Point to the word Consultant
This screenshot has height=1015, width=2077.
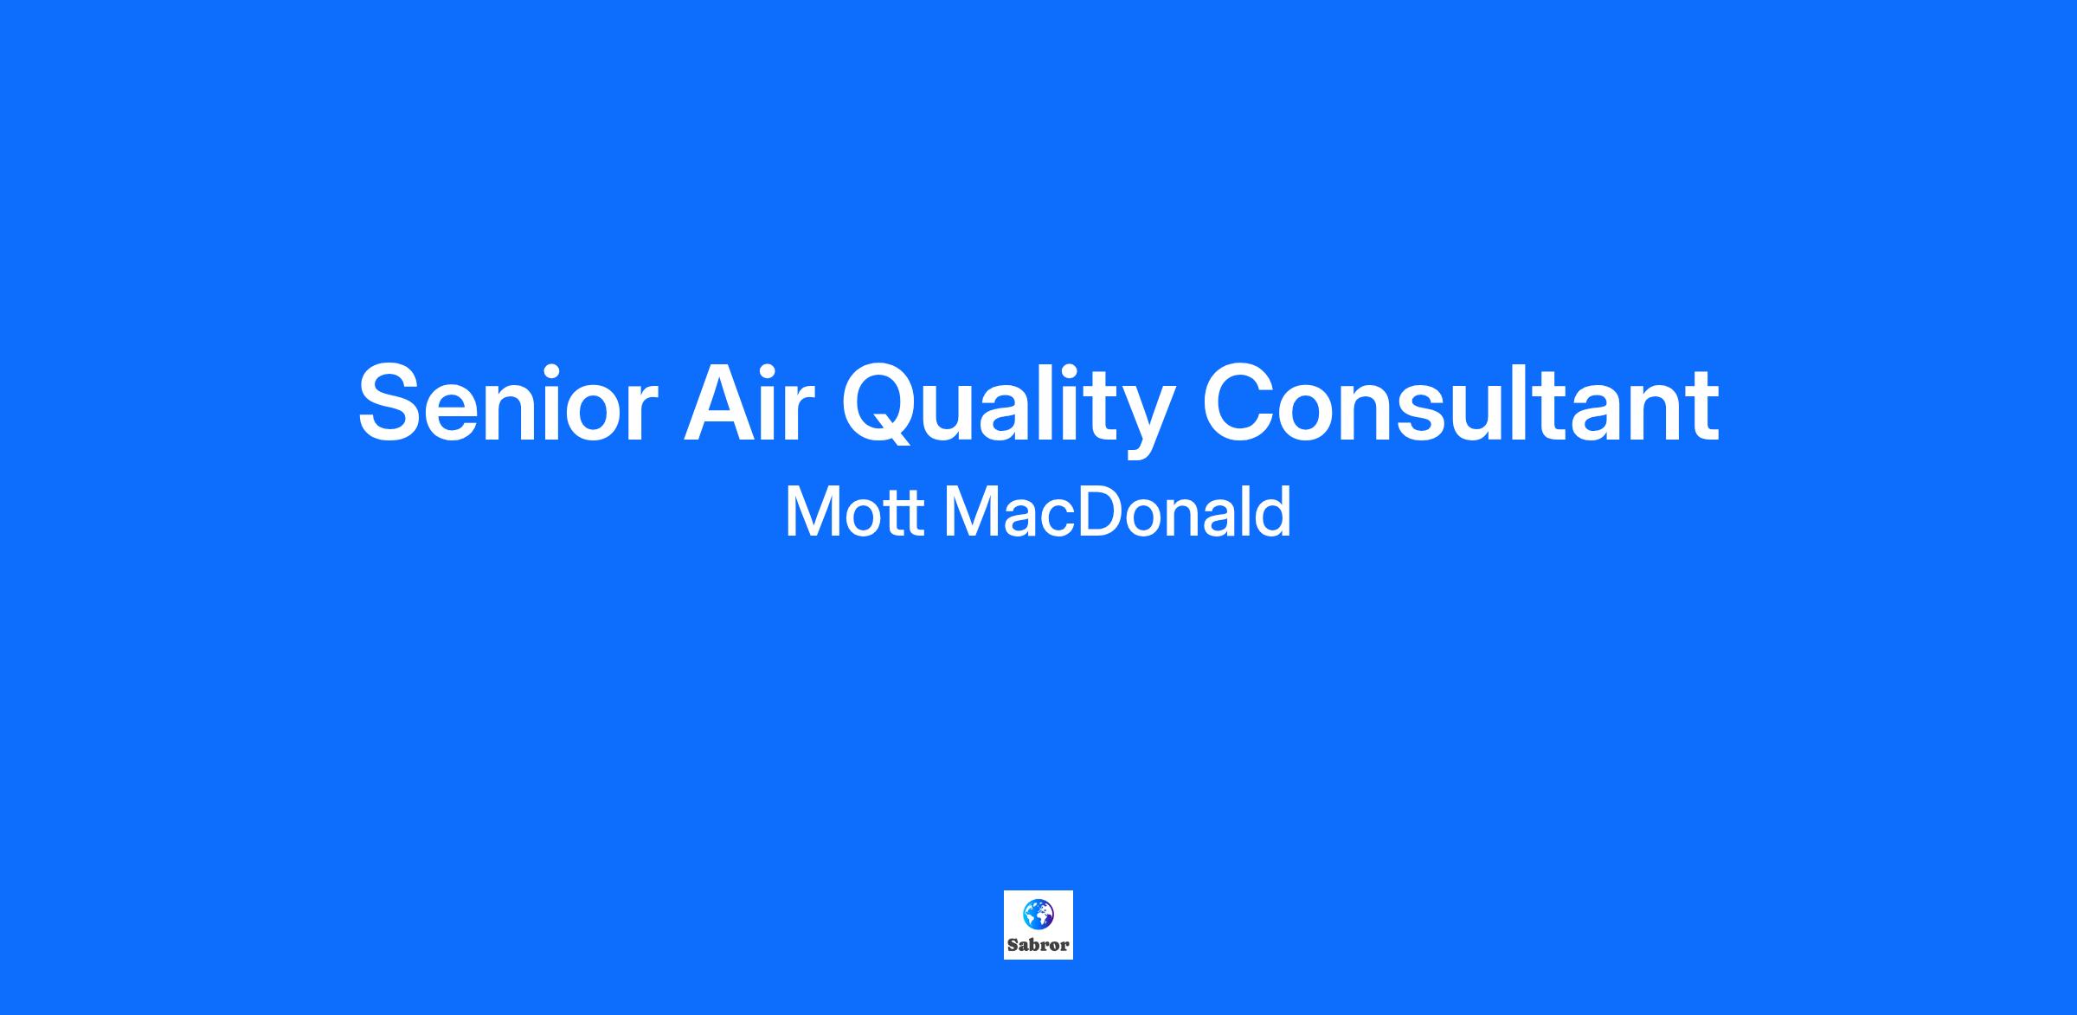click(x=1460, y=403)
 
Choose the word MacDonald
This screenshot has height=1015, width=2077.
click(x=1117, y=511)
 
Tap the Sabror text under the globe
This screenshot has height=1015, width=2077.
click(x=1038, y=945)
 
